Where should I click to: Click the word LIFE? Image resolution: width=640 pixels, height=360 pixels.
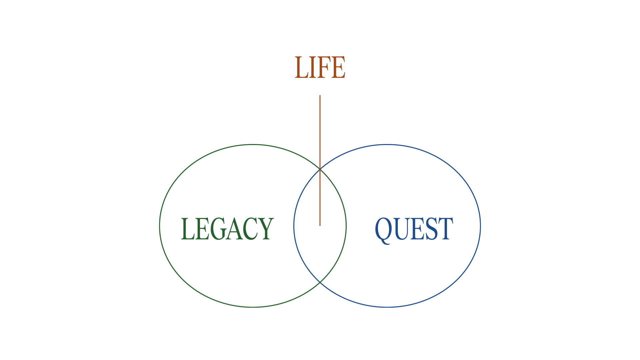[x=320, y=67]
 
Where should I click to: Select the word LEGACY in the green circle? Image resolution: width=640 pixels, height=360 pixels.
[x=227, y=229]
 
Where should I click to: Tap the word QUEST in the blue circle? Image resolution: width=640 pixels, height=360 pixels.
[x=414, y=229]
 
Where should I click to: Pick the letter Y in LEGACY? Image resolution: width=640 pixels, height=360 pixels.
[x=266, y=229]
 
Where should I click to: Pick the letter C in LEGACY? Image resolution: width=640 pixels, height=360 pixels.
[x=250, y=229]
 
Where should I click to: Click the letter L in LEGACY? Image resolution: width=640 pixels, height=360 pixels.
[x=187, y=229]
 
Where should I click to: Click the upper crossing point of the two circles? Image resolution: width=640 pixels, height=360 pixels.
[x=320, y=169]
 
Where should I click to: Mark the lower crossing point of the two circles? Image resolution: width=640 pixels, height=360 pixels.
[x=320, y=282]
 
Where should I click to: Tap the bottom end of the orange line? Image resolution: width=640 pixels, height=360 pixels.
[x=320, y=225]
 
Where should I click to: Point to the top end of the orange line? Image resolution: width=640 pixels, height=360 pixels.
[x=320, y=96]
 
